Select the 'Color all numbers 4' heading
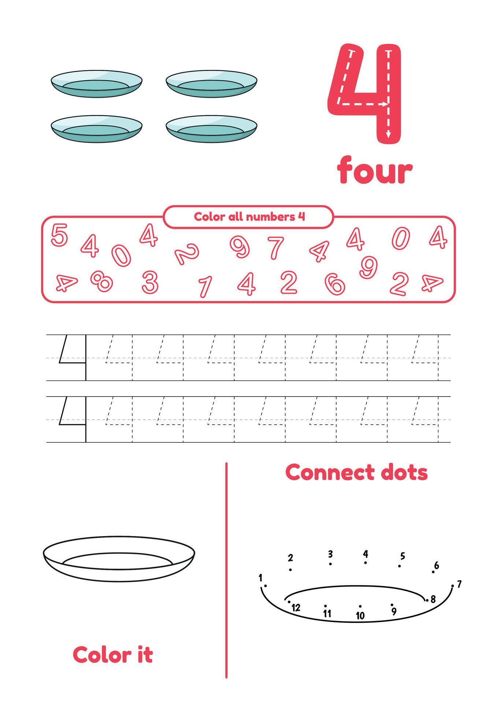click(249, 217)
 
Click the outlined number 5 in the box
click(59, 235)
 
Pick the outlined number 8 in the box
click(101, 281)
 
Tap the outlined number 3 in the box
click(150, 282)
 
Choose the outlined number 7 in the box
click(276, 248)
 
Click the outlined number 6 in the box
click(334, 284)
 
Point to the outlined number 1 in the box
click(205, 286)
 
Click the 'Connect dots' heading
click(356, 472)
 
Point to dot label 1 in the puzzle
click(260, 578)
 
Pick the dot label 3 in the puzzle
click(330, 554)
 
